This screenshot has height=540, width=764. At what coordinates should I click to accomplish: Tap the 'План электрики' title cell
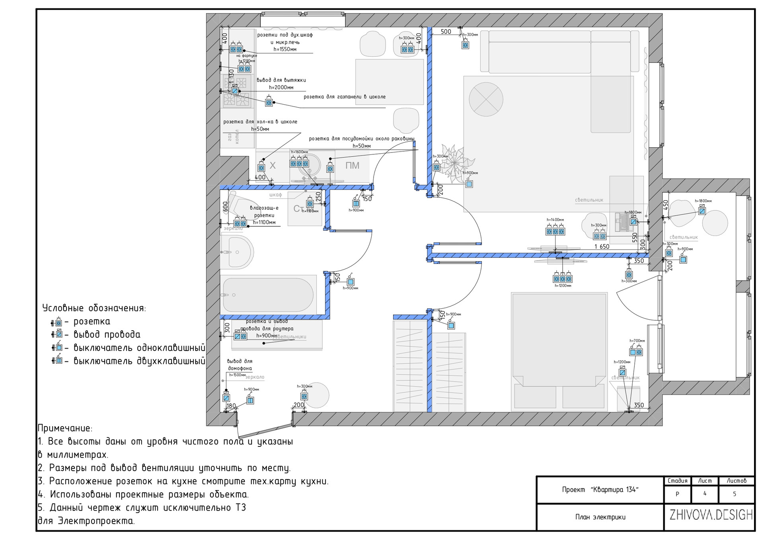600,517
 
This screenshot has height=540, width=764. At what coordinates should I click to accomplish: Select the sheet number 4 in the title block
705,494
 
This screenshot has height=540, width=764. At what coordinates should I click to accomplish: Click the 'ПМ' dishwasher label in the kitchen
352,166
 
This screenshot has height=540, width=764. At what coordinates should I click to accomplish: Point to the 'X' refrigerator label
273,166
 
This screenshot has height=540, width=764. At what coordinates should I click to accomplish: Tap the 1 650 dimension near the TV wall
602,247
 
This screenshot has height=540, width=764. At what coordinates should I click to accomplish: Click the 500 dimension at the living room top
446,32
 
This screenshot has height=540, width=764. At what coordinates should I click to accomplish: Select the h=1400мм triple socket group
555,231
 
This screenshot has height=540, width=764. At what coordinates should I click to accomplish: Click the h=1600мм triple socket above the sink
299,163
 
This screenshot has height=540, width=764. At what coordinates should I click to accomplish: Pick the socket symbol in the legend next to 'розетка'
58,322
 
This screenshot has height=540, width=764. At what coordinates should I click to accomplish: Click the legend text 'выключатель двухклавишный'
139,361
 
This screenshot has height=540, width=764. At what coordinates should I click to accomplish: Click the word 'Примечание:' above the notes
65,428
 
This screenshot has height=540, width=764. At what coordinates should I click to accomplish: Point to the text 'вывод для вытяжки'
281,80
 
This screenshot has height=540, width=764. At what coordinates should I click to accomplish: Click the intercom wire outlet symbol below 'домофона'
226,397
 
